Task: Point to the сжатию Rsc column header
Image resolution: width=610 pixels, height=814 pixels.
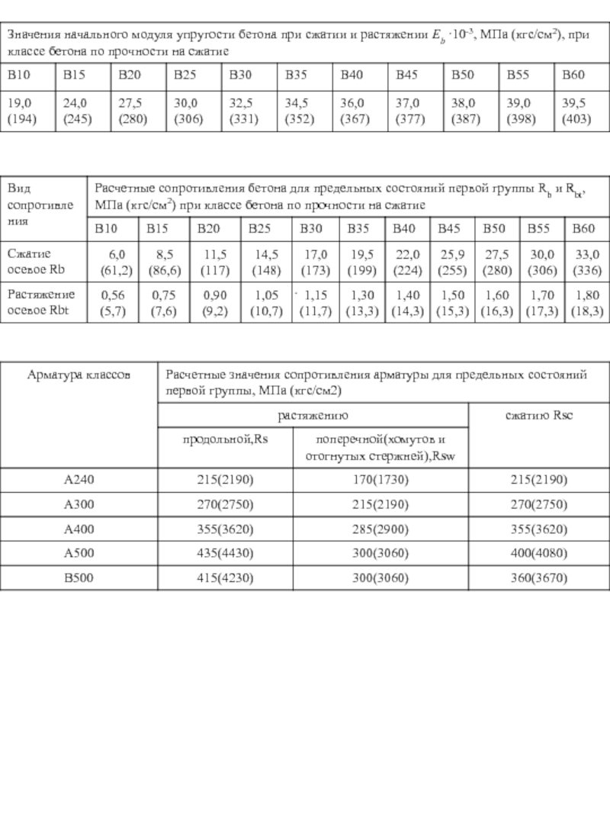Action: (540, 416)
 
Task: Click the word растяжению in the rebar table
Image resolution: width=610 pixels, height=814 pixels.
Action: (313, 416)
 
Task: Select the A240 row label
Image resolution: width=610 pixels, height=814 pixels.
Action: (79, 480)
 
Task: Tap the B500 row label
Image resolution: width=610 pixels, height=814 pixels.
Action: (79, 578)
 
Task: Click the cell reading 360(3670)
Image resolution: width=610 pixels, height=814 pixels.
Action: (539, 578)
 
